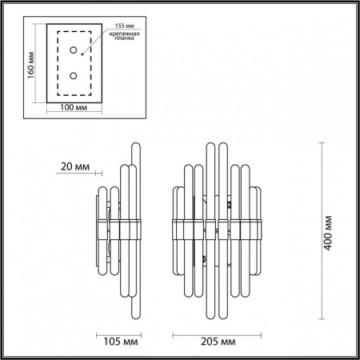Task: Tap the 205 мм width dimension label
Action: pyautogui.click(x=218, y=343)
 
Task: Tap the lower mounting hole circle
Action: pyautogui.click(x=74, y=76)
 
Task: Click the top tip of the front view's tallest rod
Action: pyautogui.click(x=211, y=144)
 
